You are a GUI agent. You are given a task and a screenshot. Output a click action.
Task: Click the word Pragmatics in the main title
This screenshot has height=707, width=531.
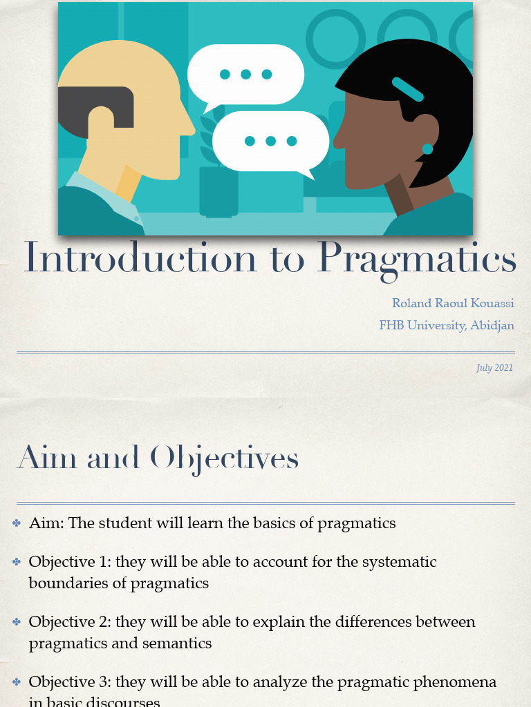click(416, 260)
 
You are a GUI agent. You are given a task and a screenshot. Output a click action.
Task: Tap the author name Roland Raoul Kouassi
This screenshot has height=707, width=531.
click(453, 304)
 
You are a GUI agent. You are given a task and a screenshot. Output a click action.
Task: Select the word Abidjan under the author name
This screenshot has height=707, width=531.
click(492, 325)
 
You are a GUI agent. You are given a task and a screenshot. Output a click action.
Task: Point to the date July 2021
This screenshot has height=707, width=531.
click(494, 368)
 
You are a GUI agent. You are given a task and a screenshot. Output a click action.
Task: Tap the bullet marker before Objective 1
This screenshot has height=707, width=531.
click(17, 562)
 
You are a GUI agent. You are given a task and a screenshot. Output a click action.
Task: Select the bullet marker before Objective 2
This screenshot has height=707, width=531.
click(17, 622)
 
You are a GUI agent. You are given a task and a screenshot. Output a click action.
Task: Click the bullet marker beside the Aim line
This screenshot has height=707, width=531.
click(17, 523)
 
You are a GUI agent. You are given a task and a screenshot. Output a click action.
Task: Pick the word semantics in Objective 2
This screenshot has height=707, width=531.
click(178, 643)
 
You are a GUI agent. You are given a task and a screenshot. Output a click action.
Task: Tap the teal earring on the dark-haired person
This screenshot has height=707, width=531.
click(427, 149)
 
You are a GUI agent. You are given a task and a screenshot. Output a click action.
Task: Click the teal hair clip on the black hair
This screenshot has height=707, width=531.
click(407, 89)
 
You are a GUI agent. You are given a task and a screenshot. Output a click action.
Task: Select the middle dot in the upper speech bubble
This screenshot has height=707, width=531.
click(245, 75)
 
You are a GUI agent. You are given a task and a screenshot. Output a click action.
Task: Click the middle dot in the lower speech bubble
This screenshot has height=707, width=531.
click(270, 141)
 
